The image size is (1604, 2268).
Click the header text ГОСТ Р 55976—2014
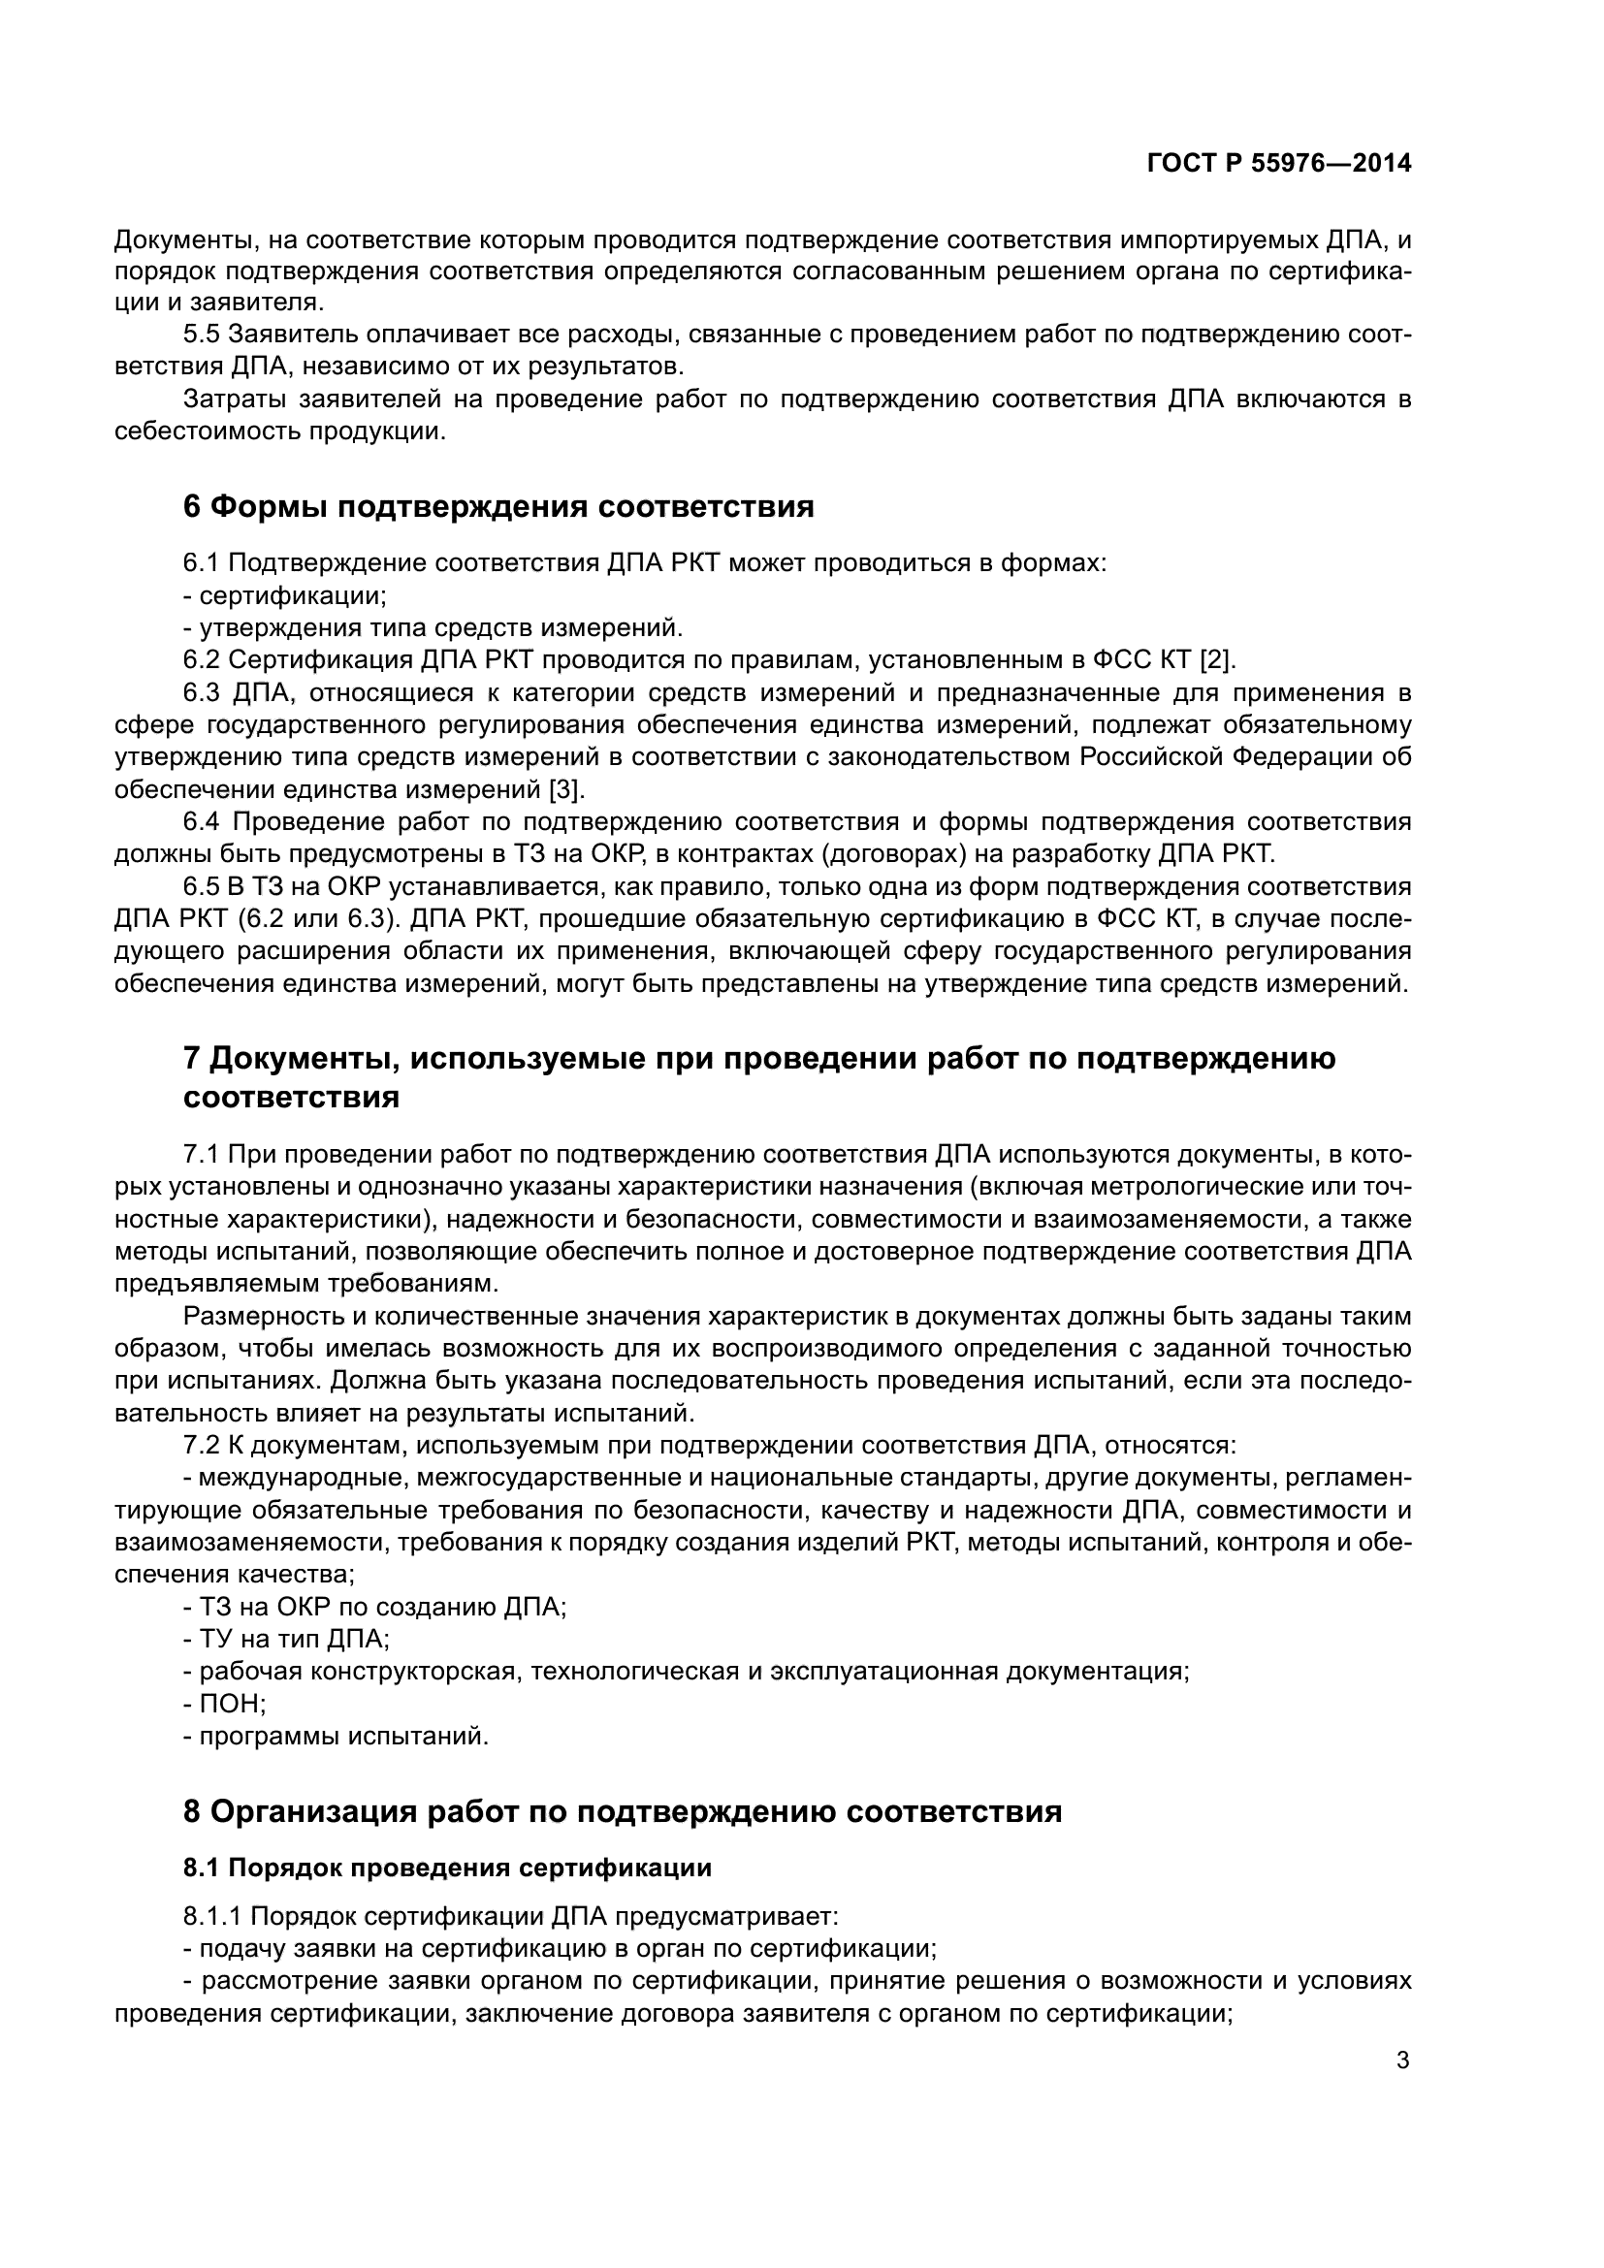coord(1278,164)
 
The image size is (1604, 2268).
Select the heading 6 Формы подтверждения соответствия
coord(498,507)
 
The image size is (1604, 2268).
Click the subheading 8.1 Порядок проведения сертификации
coord(447,1868)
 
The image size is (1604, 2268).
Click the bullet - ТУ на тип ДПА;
coord(286,1639)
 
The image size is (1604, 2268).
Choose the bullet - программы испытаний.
coord(336,1736)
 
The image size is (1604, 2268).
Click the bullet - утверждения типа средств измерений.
coord(433,627)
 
